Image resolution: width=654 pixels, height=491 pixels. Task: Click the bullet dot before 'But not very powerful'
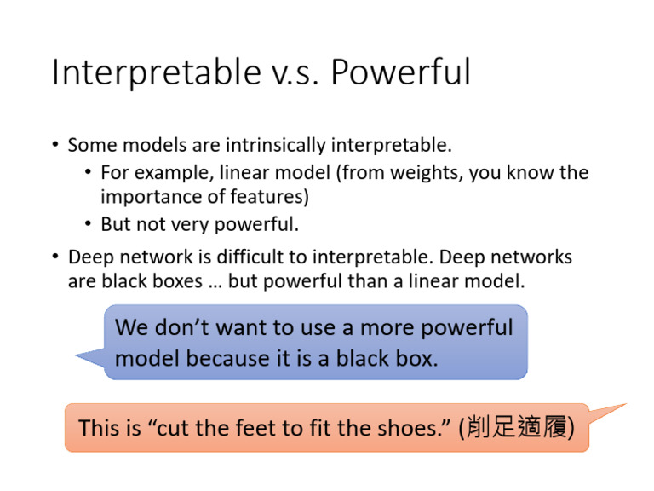pos(89,225)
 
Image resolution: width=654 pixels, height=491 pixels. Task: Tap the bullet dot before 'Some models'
pos(55,146)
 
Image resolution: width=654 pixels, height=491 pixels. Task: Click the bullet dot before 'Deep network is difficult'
pos(55,257)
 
